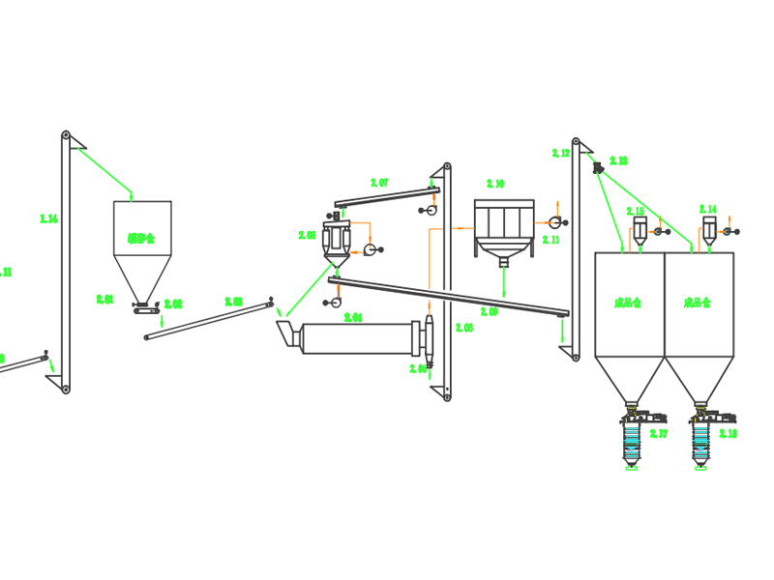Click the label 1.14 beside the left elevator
click(x=48, y=219)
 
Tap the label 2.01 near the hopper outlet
click(x=105, y=300)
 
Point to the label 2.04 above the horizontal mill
click(x=353, y=317)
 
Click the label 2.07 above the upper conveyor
click(x=379, y=182)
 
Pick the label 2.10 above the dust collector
click(x=495, y=184)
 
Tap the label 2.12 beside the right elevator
click(x=560, y=153)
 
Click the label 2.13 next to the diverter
click(x=618, y=160)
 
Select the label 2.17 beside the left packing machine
click(x=659, y=434)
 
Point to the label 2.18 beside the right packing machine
click(x=728, y=434)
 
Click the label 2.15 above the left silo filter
click(x=635, y=211)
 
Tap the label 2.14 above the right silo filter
click(x=708, y=210)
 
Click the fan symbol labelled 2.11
click(x=555, y=223)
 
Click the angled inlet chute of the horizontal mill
click(x=286, y=334)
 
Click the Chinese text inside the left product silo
click(x=628, y=303)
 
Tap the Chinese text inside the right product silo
click(x=698, y=303)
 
